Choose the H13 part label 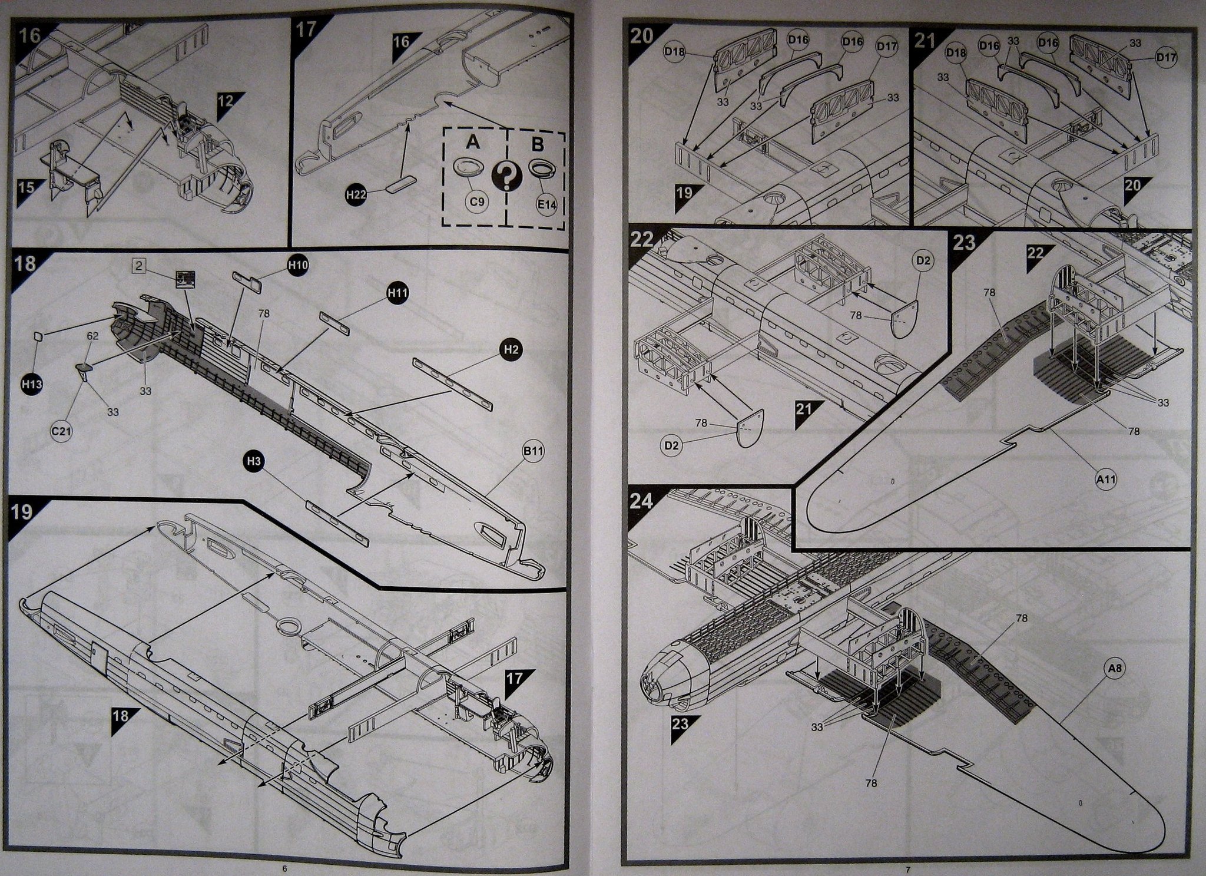[32, 384]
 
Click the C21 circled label [61, 431]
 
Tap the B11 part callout [532, 452]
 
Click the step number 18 [25, 262]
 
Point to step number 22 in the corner [642, 240]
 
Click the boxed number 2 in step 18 [138, 266]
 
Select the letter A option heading [472, 143]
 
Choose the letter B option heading [537, 144]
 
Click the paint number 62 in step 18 [92, 336]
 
